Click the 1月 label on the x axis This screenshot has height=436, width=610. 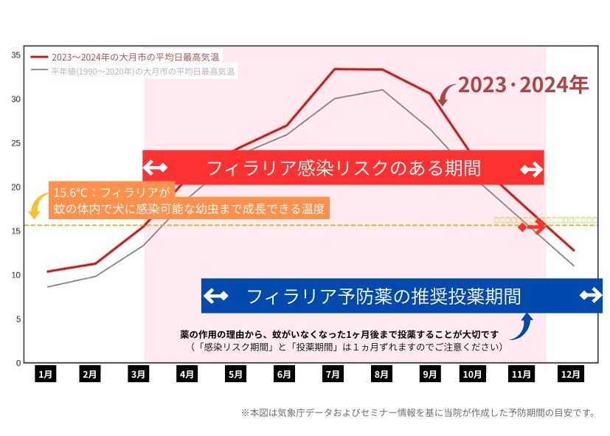click(46, 374)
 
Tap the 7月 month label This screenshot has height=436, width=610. click(333, 374)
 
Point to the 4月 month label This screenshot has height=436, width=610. click(187, 374)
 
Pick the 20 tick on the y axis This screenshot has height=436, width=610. click(16, 187)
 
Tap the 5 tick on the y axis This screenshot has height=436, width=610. click(18, 319)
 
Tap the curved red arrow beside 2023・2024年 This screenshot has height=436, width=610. click(445, 93)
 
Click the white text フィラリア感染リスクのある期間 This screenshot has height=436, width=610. click(343, 168)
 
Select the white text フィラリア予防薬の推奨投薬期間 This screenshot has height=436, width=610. click(384, 297)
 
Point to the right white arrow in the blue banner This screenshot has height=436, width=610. click(591, 296)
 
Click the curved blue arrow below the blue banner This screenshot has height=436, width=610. click(522, 327)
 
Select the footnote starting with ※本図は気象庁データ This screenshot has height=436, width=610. click(417, 412)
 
